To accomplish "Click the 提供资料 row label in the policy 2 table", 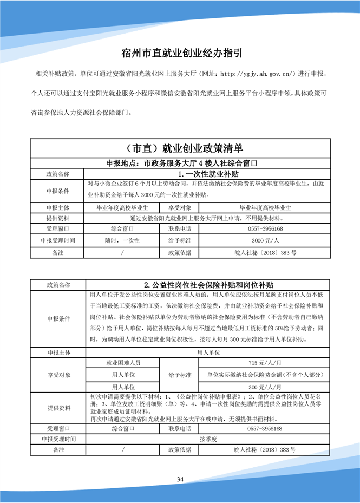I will (x=58, y=408).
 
